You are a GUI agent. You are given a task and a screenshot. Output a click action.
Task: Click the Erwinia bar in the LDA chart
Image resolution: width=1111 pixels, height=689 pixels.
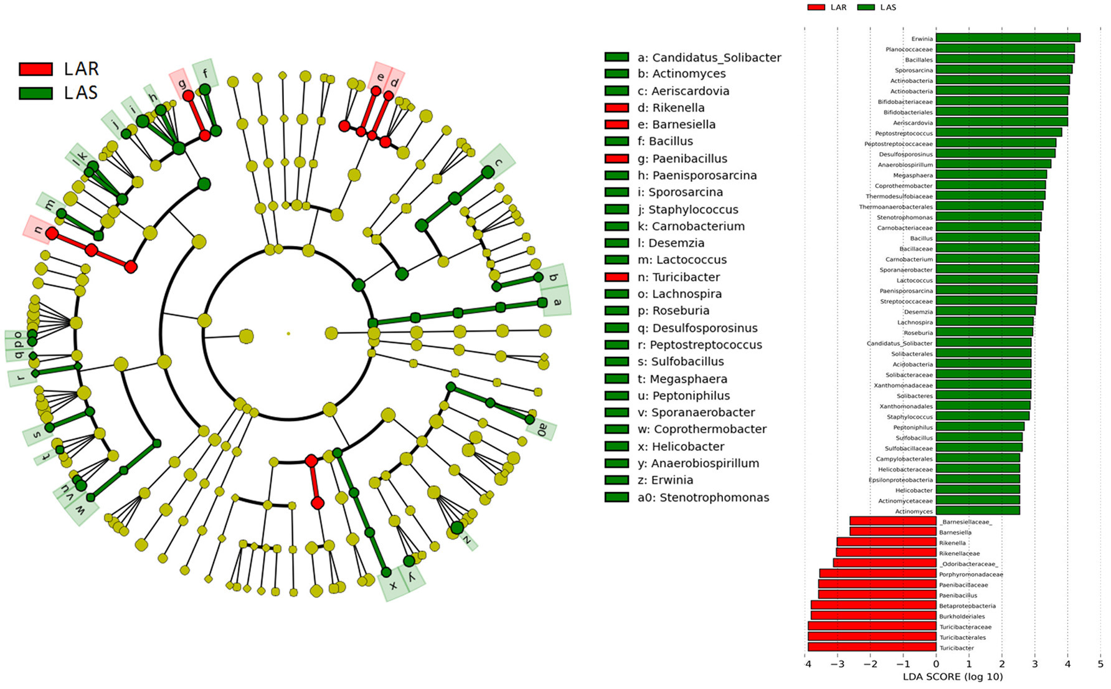coord(1008,38)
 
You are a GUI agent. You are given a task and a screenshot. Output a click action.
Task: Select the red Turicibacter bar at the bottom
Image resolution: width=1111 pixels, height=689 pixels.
coord(872,647)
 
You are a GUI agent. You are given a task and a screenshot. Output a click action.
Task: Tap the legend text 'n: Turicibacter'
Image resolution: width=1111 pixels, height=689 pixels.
coord(678,277)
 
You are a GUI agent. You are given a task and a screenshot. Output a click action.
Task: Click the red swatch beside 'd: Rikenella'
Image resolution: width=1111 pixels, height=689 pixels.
coord(617,108)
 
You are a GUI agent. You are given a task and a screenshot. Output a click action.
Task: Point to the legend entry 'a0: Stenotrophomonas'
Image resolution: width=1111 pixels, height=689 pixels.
coord(703,497)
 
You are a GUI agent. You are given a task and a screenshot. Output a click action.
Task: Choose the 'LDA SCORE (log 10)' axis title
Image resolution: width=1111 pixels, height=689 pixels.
coord(952,677)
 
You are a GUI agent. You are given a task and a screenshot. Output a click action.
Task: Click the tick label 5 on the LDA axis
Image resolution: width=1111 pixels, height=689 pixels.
coord(1100,664)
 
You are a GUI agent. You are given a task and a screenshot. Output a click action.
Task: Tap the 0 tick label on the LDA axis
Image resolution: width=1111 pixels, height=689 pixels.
coord(936,664)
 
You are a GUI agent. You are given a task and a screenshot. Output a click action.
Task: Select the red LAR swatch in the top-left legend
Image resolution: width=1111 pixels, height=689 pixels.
coord(35,69)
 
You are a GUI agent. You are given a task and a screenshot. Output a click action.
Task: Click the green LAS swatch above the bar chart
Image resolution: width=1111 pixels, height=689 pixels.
coord(866,7)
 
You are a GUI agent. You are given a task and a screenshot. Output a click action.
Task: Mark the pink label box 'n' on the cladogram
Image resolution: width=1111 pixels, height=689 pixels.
coord(39,229)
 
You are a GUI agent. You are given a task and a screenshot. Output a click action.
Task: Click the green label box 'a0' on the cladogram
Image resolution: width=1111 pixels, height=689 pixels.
coord(541,429)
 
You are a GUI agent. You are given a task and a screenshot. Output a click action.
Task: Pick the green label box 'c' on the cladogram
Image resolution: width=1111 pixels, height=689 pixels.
coord(498,162)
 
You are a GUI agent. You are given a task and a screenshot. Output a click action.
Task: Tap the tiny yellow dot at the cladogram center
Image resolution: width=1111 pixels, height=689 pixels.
coord(288,334)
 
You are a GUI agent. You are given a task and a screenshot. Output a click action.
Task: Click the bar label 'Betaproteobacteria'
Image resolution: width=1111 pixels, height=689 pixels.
coord(967,606)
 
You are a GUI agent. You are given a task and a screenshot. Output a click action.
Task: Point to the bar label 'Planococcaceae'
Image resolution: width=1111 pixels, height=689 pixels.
coord(909,49)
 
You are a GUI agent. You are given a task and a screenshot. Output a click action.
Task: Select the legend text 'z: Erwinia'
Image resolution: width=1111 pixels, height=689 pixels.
coord(665,480)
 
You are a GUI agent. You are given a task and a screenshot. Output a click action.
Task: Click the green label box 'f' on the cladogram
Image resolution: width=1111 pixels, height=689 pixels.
coord(206,74)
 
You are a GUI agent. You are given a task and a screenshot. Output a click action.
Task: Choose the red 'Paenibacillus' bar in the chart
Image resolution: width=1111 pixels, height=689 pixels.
coord(877,595)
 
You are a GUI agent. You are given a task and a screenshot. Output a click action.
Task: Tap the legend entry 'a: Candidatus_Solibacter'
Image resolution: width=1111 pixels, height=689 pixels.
coord(709,57)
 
